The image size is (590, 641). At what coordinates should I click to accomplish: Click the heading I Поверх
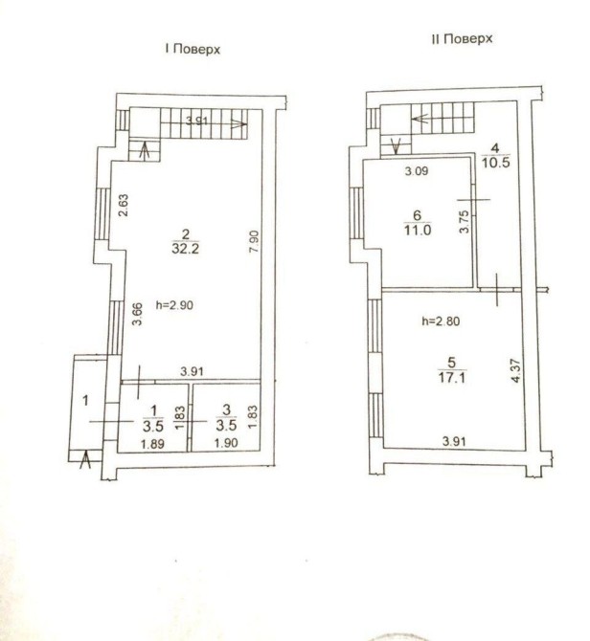click(193, 49)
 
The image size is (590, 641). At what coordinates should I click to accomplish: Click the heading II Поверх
click(462, 39)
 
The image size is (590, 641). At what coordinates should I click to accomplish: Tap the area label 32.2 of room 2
click(186, 249)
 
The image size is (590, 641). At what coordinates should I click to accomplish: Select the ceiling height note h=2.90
click(174, 305)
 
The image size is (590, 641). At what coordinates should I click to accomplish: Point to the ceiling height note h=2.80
click(441, 321)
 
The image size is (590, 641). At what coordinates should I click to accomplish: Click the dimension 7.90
click(254, 241)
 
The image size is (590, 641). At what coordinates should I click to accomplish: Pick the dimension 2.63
click(124, 206)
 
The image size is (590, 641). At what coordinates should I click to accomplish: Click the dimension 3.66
click(137, 314)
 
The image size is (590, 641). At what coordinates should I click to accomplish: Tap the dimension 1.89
click(152, 444)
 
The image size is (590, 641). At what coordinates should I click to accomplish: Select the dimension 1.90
click(226, 443)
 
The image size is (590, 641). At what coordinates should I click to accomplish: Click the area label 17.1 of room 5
click(452, 377)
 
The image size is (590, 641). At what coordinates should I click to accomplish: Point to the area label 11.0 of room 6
click(418, 230)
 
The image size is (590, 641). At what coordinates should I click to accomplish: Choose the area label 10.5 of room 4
click(496, 163)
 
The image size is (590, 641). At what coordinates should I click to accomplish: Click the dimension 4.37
click(516, 371)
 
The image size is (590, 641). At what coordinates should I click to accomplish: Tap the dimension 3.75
click(464, 222)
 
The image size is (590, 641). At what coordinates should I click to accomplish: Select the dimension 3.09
click(417, 170)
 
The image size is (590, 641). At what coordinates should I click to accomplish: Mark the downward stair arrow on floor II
click(396, 146)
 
